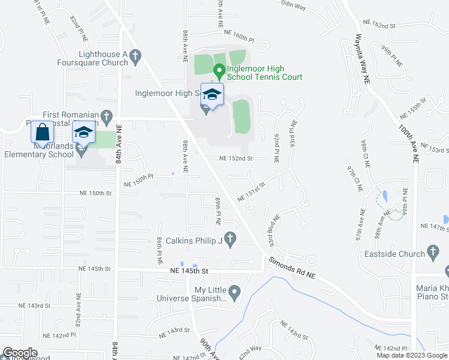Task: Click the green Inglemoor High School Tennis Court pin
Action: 219,71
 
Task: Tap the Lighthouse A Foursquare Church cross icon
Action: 136,57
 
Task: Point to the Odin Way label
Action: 294,7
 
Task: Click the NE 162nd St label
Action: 380,25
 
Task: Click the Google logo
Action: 20,353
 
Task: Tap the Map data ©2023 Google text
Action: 412,355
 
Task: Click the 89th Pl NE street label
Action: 218,213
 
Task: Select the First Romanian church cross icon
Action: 106,115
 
